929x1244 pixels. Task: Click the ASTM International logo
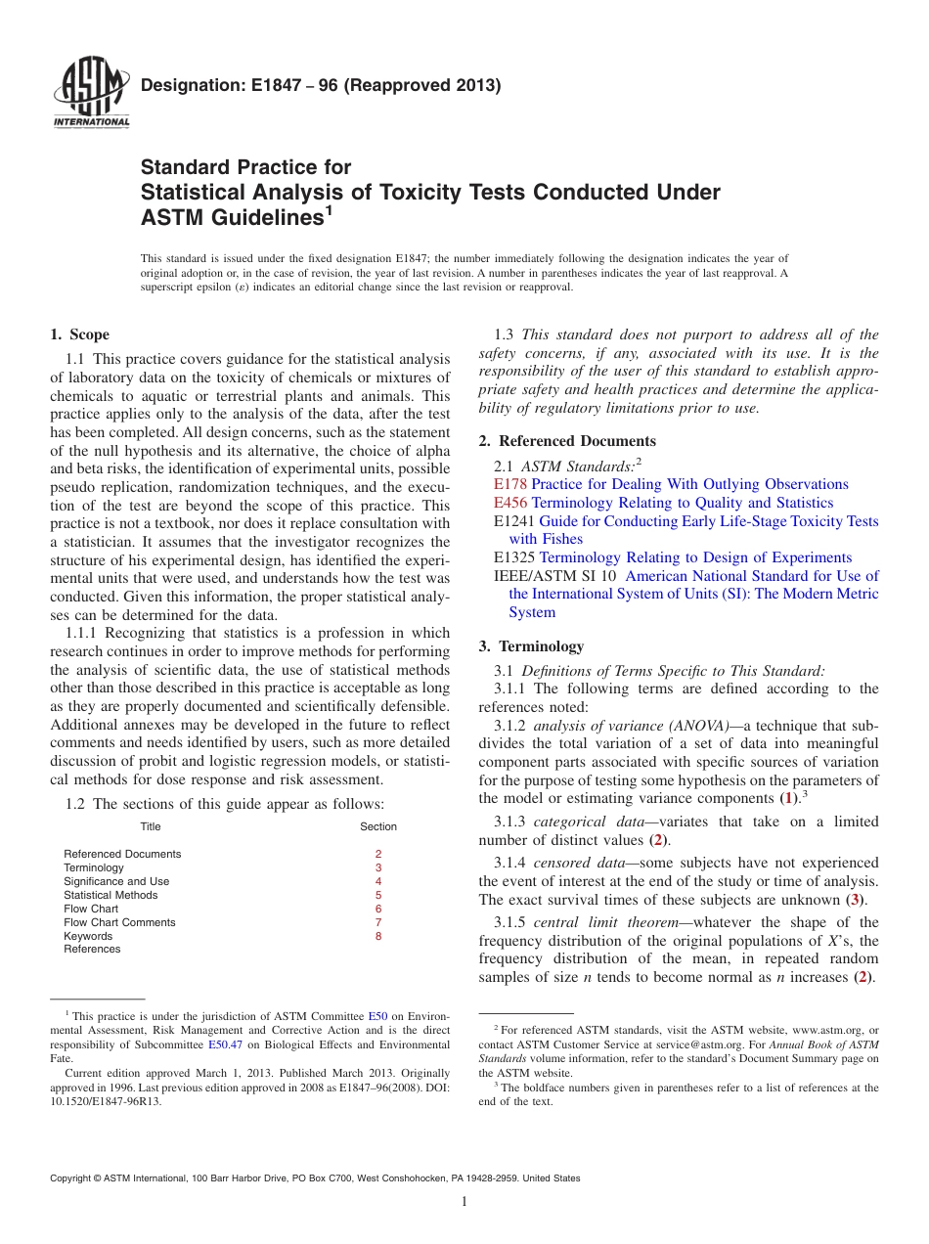(91, 93)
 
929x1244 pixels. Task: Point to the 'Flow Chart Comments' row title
(119, 922)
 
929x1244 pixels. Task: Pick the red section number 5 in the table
(378, 895)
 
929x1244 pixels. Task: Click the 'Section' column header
(378, 826)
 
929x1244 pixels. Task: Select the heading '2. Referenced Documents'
(567, 441)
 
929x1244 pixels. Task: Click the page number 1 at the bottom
(464, 1202)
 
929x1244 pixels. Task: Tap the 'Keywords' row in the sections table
(88, 936)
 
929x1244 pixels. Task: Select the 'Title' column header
(150, 826)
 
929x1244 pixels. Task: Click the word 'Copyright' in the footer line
(74, 1178)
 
